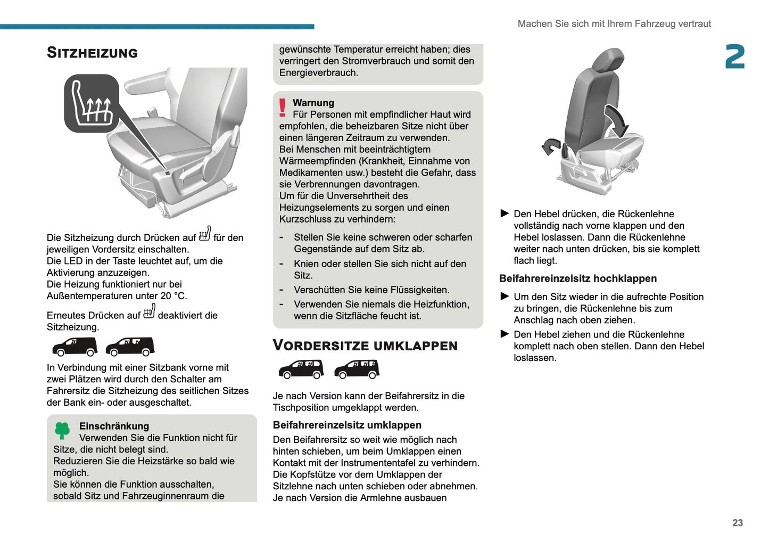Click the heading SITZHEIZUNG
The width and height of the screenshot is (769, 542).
(x=92, y=53)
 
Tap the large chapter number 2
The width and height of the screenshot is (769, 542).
(x=734, y=57)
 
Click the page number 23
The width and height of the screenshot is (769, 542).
(x=737, y=523)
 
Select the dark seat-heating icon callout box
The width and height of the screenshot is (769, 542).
(x=92, y=103)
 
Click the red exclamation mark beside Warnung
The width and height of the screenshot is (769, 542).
(x=283, y=108)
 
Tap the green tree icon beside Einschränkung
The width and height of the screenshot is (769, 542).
(x=62, y=430)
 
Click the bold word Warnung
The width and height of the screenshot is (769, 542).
(x=313, y=103)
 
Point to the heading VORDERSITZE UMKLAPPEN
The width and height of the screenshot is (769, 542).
(x=365, y=346)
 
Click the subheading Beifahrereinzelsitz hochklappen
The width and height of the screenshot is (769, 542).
(x=577, y=278)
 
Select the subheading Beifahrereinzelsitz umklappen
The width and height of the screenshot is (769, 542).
(x=347, y=425)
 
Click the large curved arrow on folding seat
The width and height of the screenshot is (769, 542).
(x=617, y=120)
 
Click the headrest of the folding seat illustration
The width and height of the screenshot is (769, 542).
(x=607, y=60)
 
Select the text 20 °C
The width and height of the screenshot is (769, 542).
(x=173, y=296)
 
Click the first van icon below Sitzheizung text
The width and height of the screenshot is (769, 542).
(x=75, y=347)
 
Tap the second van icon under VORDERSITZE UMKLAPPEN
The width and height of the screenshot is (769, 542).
(x=357, y=369)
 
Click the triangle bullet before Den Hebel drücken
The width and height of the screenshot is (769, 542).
(x=505, y=213)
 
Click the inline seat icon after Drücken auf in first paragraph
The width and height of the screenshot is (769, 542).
(x=205, y=234)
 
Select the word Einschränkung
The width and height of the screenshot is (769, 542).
(x=114, y=426)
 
